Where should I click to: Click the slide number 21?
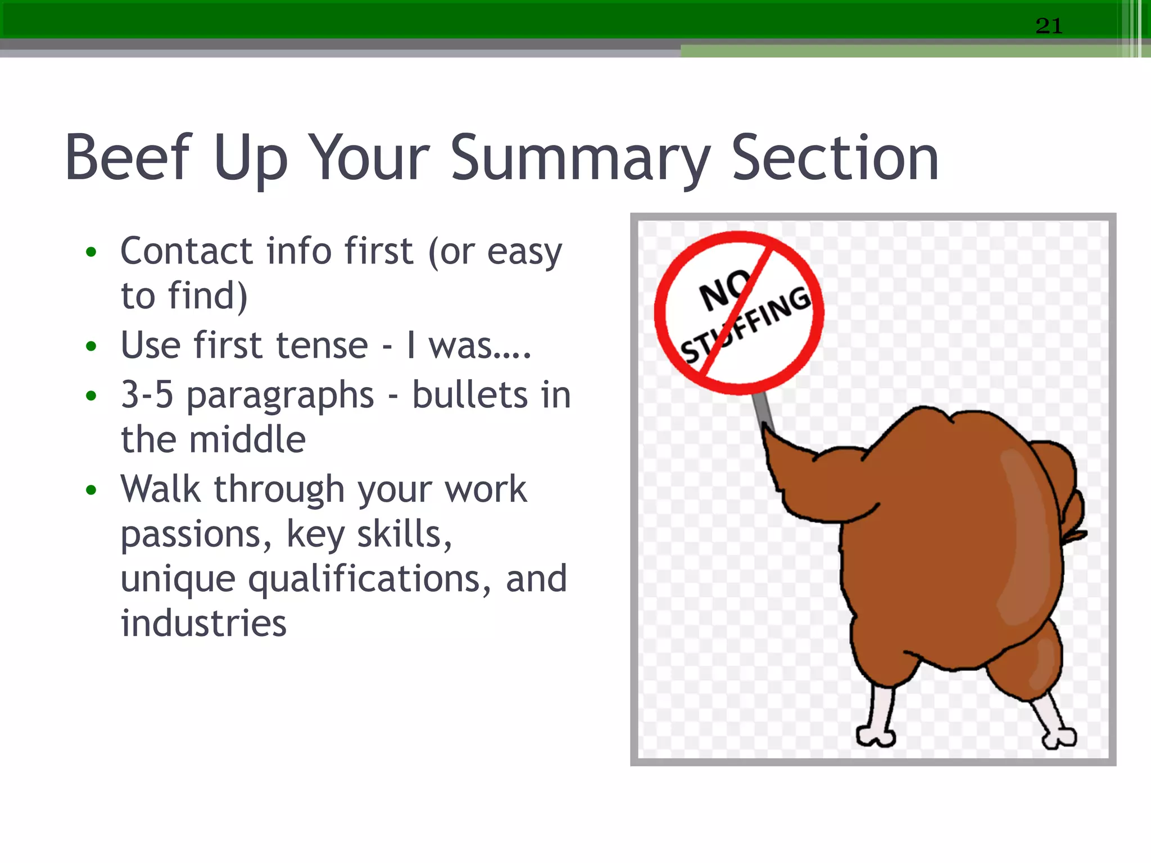click(1049, 26)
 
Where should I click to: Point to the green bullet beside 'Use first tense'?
click(91, 346)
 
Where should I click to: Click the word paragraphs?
click(280, 396)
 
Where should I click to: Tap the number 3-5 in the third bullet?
click(147, 394)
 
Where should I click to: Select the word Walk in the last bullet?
click(160, 488)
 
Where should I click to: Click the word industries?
click(203, 623)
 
